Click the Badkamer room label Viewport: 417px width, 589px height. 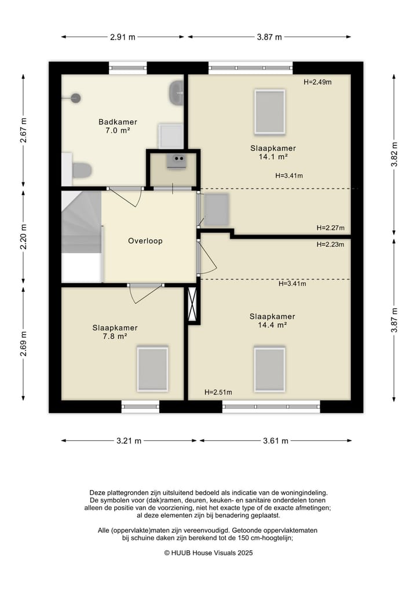(118, 122)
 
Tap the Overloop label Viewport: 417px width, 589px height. (145, 241)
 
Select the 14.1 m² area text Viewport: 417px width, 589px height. (273, 156)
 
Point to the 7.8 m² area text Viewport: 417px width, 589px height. (115, 336)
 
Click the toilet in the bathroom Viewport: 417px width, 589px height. (82, 170)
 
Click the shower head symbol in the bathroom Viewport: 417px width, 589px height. (76, 98)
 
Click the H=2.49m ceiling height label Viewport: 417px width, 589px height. (317, 82)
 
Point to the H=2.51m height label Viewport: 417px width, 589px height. (218, 392)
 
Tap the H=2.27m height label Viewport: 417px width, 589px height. (330, 228)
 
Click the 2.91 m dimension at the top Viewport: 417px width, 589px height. (122, 37)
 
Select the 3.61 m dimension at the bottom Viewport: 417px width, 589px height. (275, 441)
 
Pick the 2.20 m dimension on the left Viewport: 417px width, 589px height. (23, 237)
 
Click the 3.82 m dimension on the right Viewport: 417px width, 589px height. (394, 155)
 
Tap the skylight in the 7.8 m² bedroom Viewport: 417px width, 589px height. (152, 370)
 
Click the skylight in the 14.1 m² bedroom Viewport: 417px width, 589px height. (270, 112)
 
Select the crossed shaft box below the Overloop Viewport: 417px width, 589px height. (192, 304)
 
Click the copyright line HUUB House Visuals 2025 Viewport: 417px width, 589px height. (209, 553)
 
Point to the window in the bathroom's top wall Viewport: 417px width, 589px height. (128, 68)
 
